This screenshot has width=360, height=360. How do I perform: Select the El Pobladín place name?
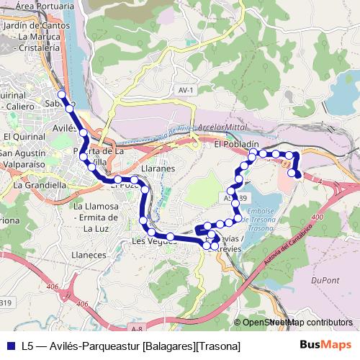point(236,145)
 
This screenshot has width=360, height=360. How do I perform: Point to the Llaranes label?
point(158,168)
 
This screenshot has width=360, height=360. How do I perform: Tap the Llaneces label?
point(90,255)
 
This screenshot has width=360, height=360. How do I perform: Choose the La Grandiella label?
point(40,185)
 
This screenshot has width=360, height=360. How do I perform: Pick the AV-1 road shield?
point(186,89)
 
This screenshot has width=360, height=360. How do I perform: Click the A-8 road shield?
point(138,328)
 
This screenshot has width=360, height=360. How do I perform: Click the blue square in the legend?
point(9,346)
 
